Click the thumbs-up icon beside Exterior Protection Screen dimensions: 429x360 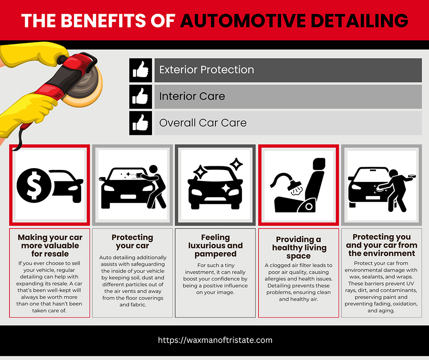(141, 70)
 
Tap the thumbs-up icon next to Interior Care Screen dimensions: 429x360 (141, 97)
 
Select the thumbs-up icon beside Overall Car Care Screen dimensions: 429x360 (141, 123)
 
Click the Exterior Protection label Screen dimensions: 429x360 (207, 69)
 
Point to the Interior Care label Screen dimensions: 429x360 (192, 96)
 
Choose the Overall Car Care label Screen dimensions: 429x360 (203, 123)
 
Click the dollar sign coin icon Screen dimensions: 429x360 (34, 185)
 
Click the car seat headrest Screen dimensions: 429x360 (319, 164)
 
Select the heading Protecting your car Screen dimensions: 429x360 (132, 241)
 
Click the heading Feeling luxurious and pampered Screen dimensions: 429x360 (215, 245)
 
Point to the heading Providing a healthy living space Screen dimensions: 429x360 (299, 248)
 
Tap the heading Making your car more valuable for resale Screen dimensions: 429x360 (50, 245)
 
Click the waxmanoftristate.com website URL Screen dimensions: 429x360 (215, 340)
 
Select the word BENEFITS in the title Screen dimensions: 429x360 (104, 21)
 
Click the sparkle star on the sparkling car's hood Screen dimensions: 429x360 (226, 189)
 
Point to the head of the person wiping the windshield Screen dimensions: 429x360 (153, 169)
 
